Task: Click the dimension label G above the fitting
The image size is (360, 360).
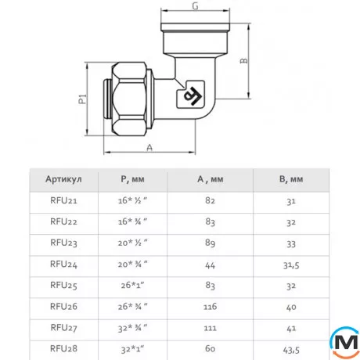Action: pos(195,6)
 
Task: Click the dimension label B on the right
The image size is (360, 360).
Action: pos(244,61)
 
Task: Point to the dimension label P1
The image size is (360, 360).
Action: pos(82,99)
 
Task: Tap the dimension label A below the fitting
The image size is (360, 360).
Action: pos(149,148)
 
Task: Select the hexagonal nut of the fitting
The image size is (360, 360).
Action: pos(129,99)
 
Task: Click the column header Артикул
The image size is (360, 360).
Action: pos(63,179)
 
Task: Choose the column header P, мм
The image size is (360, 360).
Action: pos(132,179)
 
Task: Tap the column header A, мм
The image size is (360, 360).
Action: pos(210,179)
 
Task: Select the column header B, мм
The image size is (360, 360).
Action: pos(291,179)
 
